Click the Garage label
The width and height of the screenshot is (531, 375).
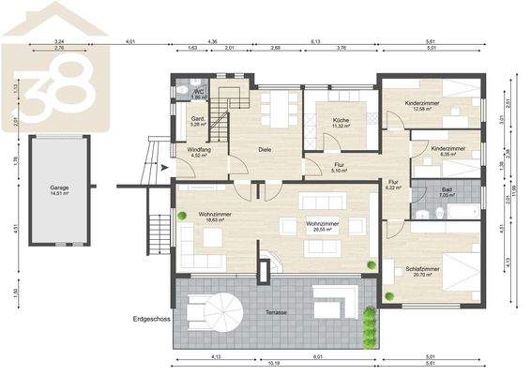(x=59, y=189)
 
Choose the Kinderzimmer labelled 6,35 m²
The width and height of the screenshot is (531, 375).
(x=448, y=149)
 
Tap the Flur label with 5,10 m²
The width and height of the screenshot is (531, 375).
(x=339, y=167)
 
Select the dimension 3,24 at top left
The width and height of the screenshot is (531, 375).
(x=60, y=42)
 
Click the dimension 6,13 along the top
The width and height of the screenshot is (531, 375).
(x=316, y=42)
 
